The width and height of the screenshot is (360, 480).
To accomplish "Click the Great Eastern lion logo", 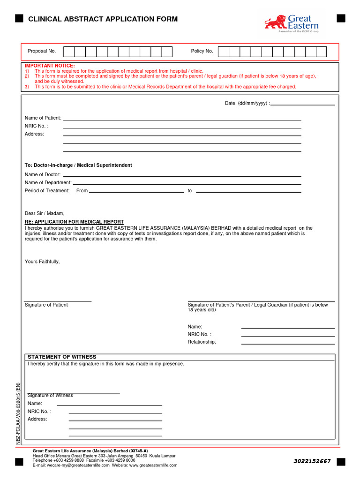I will coord(275,22).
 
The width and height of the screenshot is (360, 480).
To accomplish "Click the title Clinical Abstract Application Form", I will coord(103,19).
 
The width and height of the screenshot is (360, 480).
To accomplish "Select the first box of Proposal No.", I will coord(68,51).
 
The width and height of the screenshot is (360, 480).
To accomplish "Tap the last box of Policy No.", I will coord(321,51).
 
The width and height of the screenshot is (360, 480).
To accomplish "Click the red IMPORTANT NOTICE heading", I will coord(50,66).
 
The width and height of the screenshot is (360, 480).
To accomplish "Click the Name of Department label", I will coord(48,182).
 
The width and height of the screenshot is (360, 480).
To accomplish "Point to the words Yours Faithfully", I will coord(42,262).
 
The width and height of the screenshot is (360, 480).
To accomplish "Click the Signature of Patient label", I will coord(46,305).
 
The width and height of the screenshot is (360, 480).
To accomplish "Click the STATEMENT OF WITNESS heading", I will coord(62,357).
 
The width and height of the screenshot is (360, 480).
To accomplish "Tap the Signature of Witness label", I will coord(50,396).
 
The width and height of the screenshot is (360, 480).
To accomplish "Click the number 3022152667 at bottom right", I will coord(312,461).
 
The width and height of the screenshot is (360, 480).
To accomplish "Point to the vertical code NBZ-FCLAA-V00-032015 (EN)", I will coord(18,413).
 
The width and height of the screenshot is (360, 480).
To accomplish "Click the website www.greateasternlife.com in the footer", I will coord(153,465).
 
